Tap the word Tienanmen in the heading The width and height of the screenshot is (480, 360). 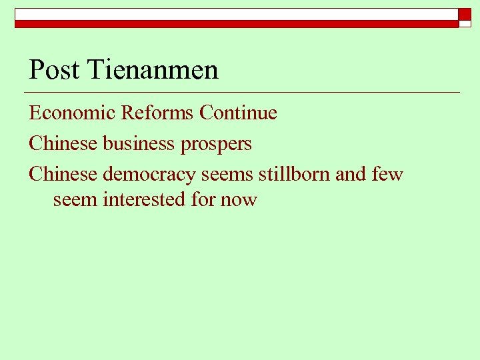(x=153, y=69)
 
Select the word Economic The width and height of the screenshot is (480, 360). (x=72, y=113)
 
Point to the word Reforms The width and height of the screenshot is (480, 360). (x=157, y=113)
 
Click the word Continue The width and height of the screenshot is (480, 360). (x=238, y=113)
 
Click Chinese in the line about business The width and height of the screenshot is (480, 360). (x=63, y=143)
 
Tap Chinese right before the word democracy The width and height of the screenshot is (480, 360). (x=63, y=174)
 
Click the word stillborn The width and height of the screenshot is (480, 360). (x=295, y=174)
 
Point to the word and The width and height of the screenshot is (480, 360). (x=351, y=174)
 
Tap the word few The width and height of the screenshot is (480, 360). (x=387, y=174)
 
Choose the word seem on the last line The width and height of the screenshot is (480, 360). (x=75, y=199)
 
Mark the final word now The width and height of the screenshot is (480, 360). (x=239, y=199)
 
